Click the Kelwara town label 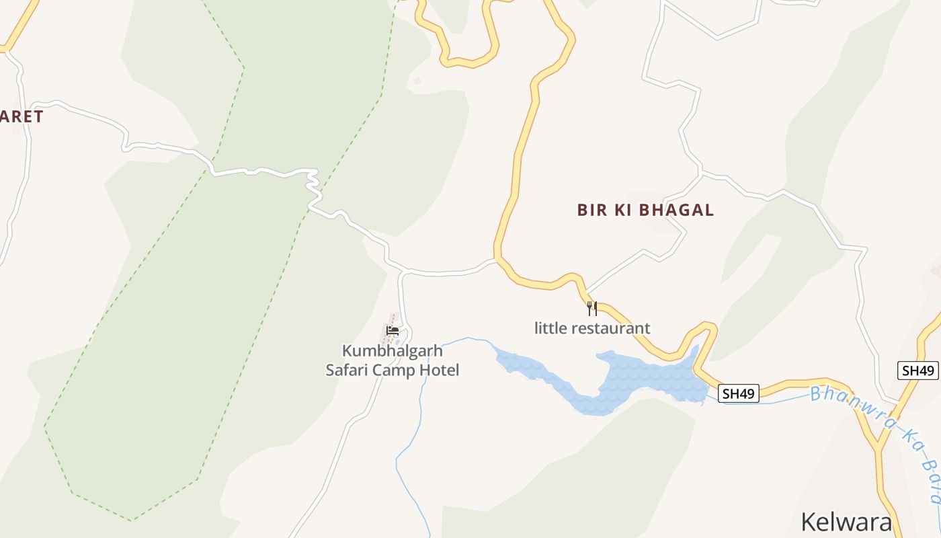tap(846, 523)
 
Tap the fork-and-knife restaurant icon tap(592, 309)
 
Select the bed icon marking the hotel tap(393, 330)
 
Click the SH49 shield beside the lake tap(739, 393)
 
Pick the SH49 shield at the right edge tap(917, 371)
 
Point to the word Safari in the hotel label tap(347, 370)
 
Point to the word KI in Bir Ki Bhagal tap(622, 210)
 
